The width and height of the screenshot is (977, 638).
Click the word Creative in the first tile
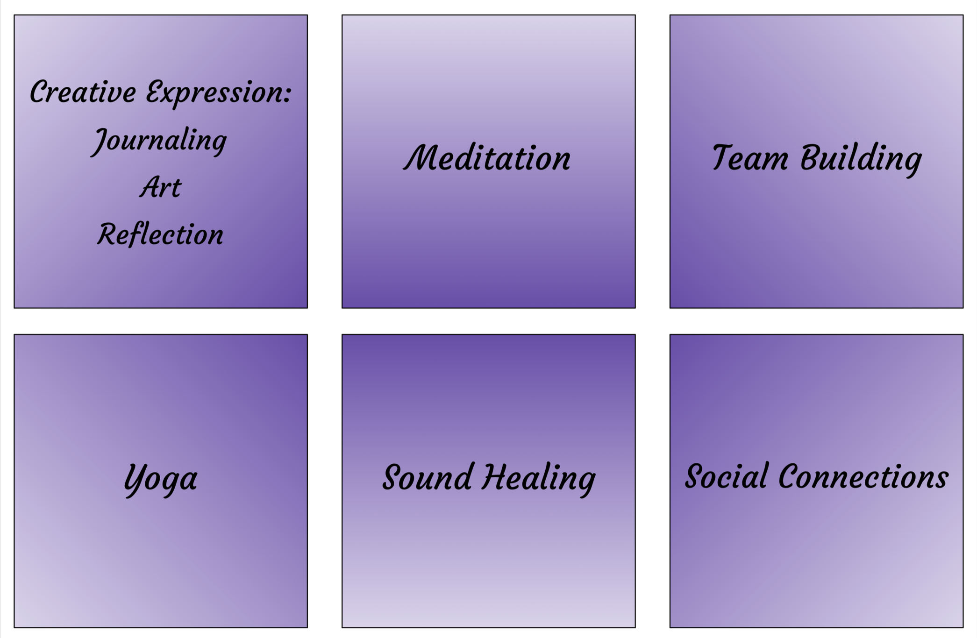pos(83,92)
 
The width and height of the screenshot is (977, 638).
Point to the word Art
pos(160,187)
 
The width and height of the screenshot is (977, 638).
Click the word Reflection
pos(160,234)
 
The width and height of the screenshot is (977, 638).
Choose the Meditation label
pos(487,158)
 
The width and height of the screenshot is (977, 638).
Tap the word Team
pos(750,158)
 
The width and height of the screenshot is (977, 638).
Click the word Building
pos(861,159)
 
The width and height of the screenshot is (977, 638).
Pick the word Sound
pos(427,477)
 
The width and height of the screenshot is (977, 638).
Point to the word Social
pos(726,476)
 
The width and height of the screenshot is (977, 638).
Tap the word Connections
pos(863,476)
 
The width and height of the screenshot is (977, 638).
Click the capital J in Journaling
pos(100,141)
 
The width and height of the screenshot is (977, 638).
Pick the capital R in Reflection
pos(108,234)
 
